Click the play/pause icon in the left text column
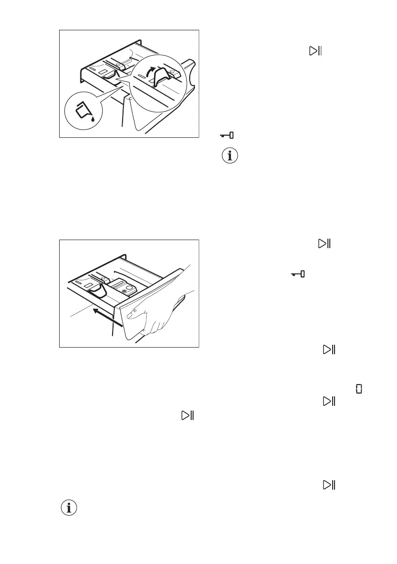187,415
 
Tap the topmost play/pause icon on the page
315,51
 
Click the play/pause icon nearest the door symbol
329,401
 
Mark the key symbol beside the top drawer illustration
227,135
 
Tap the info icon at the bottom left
69,508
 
